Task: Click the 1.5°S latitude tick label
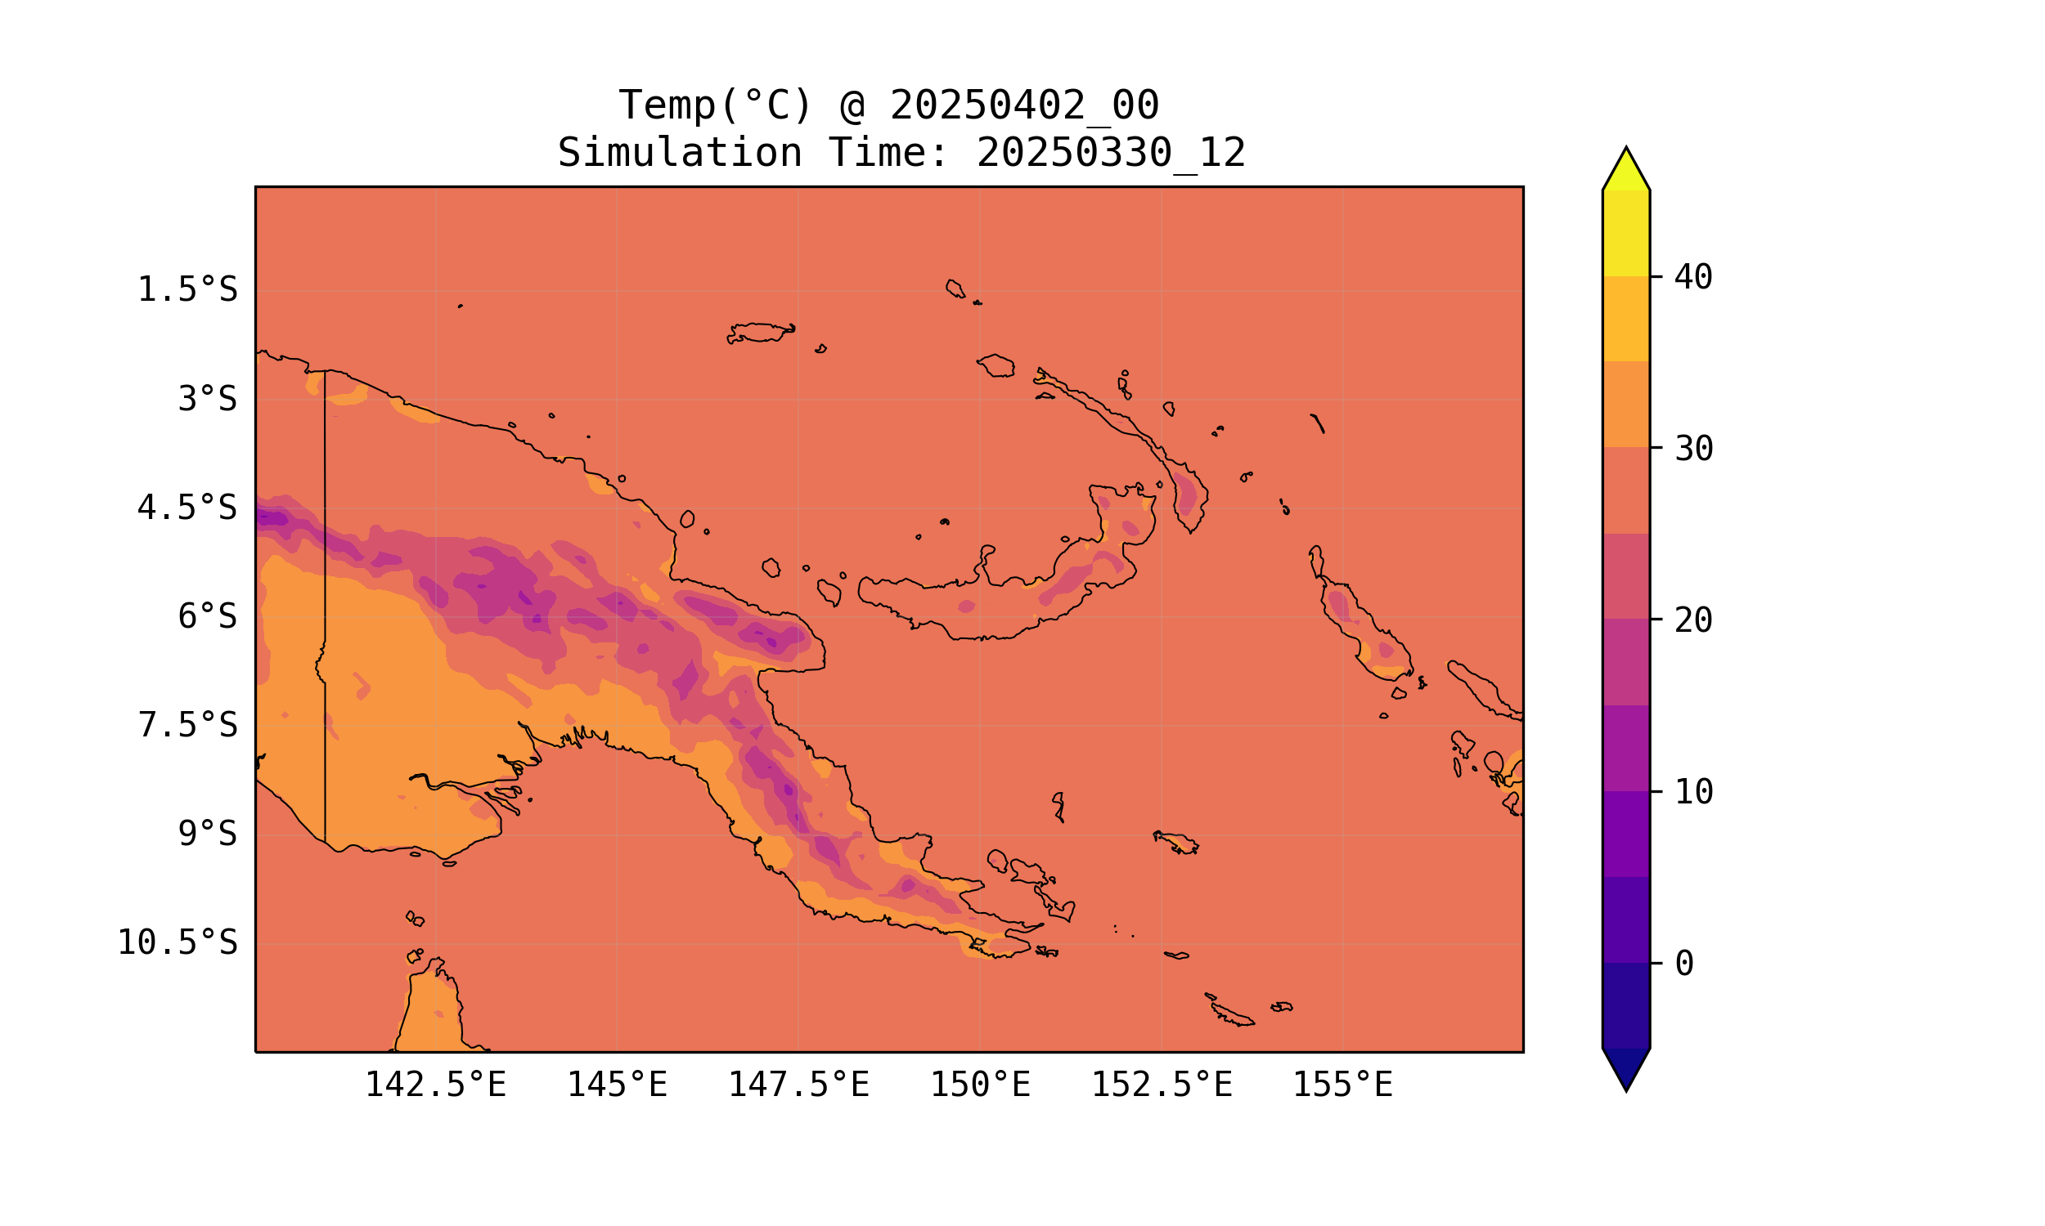tap(187, 290)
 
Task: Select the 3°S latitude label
tap(208, 399)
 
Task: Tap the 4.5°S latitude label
tap(187, 508)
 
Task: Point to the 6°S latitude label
tap(208, 616)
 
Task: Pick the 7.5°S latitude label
tap(187, 725)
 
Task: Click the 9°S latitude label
tap(208, 834)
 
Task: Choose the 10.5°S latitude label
tap(177, 942)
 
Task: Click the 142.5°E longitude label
tap(436, 1085)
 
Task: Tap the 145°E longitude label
tap(617, 1085)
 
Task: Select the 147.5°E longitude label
tap(798, 1085)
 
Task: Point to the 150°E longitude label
tap(980, 1085)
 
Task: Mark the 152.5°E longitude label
tap(1162, 1085)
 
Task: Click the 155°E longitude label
tap(1342, 1085)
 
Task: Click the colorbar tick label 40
tap(1693, 278)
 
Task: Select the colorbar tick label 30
tap(1693, 450)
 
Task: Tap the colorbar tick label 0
tap(1683, 964)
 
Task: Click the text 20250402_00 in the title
tap(1024, 105)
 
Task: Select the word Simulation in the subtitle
tap(680, 154)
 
